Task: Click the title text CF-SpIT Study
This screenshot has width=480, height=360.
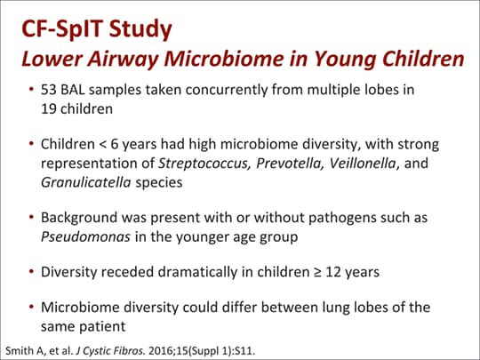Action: pos(96,29)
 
